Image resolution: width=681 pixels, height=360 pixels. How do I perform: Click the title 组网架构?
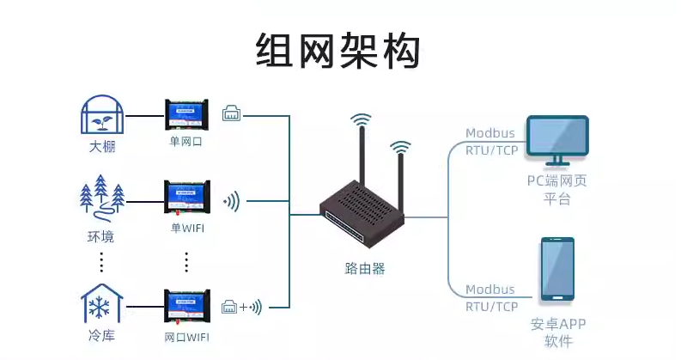(x=339, y=51)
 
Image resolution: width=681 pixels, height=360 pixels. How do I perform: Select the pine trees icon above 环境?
(x=101, y=198)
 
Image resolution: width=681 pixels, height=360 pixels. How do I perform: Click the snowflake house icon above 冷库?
(x=101, y=302)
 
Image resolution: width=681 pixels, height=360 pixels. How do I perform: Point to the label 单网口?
(x=186, y=140)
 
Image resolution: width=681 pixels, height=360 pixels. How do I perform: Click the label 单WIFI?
(x=187, y=229)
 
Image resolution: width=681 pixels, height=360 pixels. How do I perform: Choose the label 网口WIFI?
(x=186, y=335)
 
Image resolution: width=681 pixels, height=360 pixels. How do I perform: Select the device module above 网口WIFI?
(x=186, y=306)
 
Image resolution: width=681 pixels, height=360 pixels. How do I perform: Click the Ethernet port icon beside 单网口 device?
(x=233, y=113)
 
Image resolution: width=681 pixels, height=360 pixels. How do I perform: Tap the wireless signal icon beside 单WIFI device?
(x=232, y=203)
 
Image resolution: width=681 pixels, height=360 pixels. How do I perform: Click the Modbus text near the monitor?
(x=490, y=133)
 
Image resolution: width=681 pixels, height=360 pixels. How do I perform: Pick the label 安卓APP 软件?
(x=557, y=333)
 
